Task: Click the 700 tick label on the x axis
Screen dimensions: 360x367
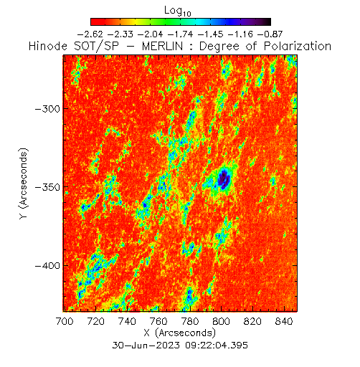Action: (x=65, y=321)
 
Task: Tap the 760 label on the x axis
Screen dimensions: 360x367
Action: (x=158, y=321)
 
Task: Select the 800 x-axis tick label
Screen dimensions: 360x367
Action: (x=221, y=321)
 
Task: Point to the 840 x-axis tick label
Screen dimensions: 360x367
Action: (x=284, y=321)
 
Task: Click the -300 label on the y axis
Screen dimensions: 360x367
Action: (x=47, y=109)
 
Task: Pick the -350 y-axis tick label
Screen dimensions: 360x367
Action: (x=47, y=187)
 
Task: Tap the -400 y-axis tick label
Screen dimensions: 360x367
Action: (x=47, y=266)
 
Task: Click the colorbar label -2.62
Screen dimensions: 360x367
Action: (x=90, y=34)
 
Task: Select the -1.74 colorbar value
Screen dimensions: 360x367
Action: (x=181, y=34)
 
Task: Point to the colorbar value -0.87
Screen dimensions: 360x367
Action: (x=270, y=34)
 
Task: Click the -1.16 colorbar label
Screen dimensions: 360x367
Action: (x=240, y=34)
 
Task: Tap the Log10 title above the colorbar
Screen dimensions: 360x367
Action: (x=178, y=11)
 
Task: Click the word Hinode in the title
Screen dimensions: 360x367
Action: (x=48, y=46)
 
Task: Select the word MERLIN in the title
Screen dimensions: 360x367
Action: (x=162, y=46)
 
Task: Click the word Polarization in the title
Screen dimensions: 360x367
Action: (x=298, y=46)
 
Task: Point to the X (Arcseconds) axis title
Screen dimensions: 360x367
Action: (x=180, y=333)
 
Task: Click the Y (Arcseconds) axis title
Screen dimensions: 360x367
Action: (x=24, y=183)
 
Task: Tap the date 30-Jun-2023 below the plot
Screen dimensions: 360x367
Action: (x=146, y=345)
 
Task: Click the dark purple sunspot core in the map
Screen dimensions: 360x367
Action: (x=224, y=179)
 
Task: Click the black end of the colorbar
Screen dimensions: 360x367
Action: (x=267, y=22)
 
